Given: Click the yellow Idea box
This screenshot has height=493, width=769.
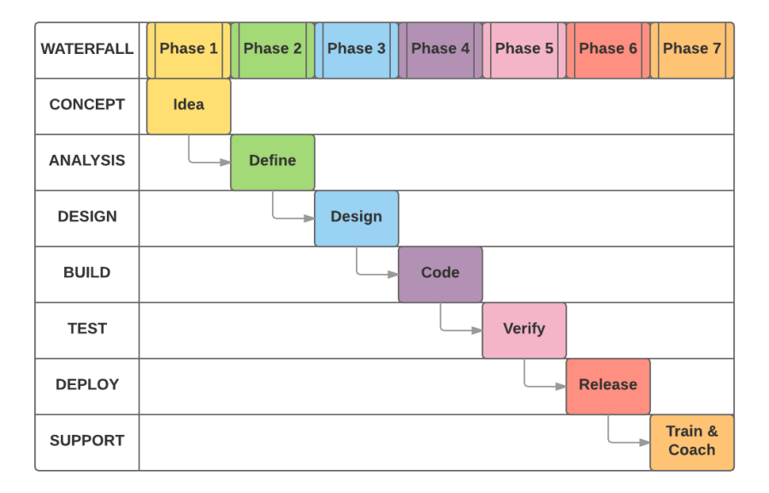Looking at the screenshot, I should (188, 105).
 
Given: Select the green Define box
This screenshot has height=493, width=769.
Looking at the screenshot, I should (272, 161).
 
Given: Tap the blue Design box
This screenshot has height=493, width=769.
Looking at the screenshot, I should (356, 217).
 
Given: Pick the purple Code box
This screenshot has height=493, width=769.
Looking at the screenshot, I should (440, 273).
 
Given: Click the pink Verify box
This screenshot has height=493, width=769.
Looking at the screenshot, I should (524, 330).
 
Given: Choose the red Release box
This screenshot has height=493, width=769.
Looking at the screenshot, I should (607, 385).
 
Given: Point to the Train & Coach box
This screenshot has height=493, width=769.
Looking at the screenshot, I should (691, 442).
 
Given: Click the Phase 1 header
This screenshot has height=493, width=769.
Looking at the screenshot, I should (188, 50).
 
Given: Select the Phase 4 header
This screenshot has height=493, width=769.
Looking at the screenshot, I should (440, 50).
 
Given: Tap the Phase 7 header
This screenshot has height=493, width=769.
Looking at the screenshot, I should (691, 50).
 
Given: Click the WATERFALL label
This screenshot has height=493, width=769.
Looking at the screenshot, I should (86, 50).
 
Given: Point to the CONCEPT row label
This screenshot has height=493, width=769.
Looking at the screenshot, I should (86, 105).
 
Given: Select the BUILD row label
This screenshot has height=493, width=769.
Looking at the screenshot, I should (86, 273).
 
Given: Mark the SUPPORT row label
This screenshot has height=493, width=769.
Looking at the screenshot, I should (86, 442).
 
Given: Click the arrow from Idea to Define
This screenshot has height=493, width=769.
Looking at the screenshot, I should (205, 162).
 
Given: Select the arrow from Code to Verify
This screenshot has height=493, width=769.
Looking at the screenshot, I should (458, 330).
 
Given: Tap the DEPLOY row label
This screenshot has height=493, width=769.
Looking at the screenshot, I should (86, 385).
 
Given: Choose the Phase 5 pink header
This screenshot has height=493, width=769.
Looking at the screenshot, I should (524, 50).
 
